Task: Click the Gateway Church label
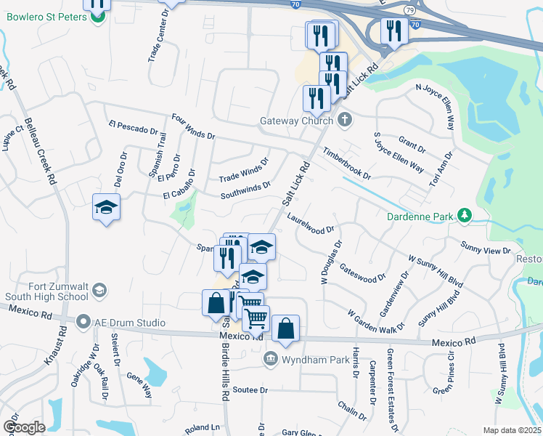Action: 297,121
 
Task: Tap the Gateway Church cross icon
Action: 344,120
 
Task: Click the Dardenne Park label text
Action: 420,216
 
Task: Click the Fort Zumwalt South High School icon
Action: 98,291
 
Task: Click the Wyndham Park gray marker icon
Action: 271,358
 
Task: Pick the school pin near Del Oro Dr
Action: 106,208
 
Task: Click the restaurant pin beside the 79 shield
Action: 394,31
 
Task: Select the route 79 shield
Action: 410,11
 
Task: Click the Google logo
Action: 24,427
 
